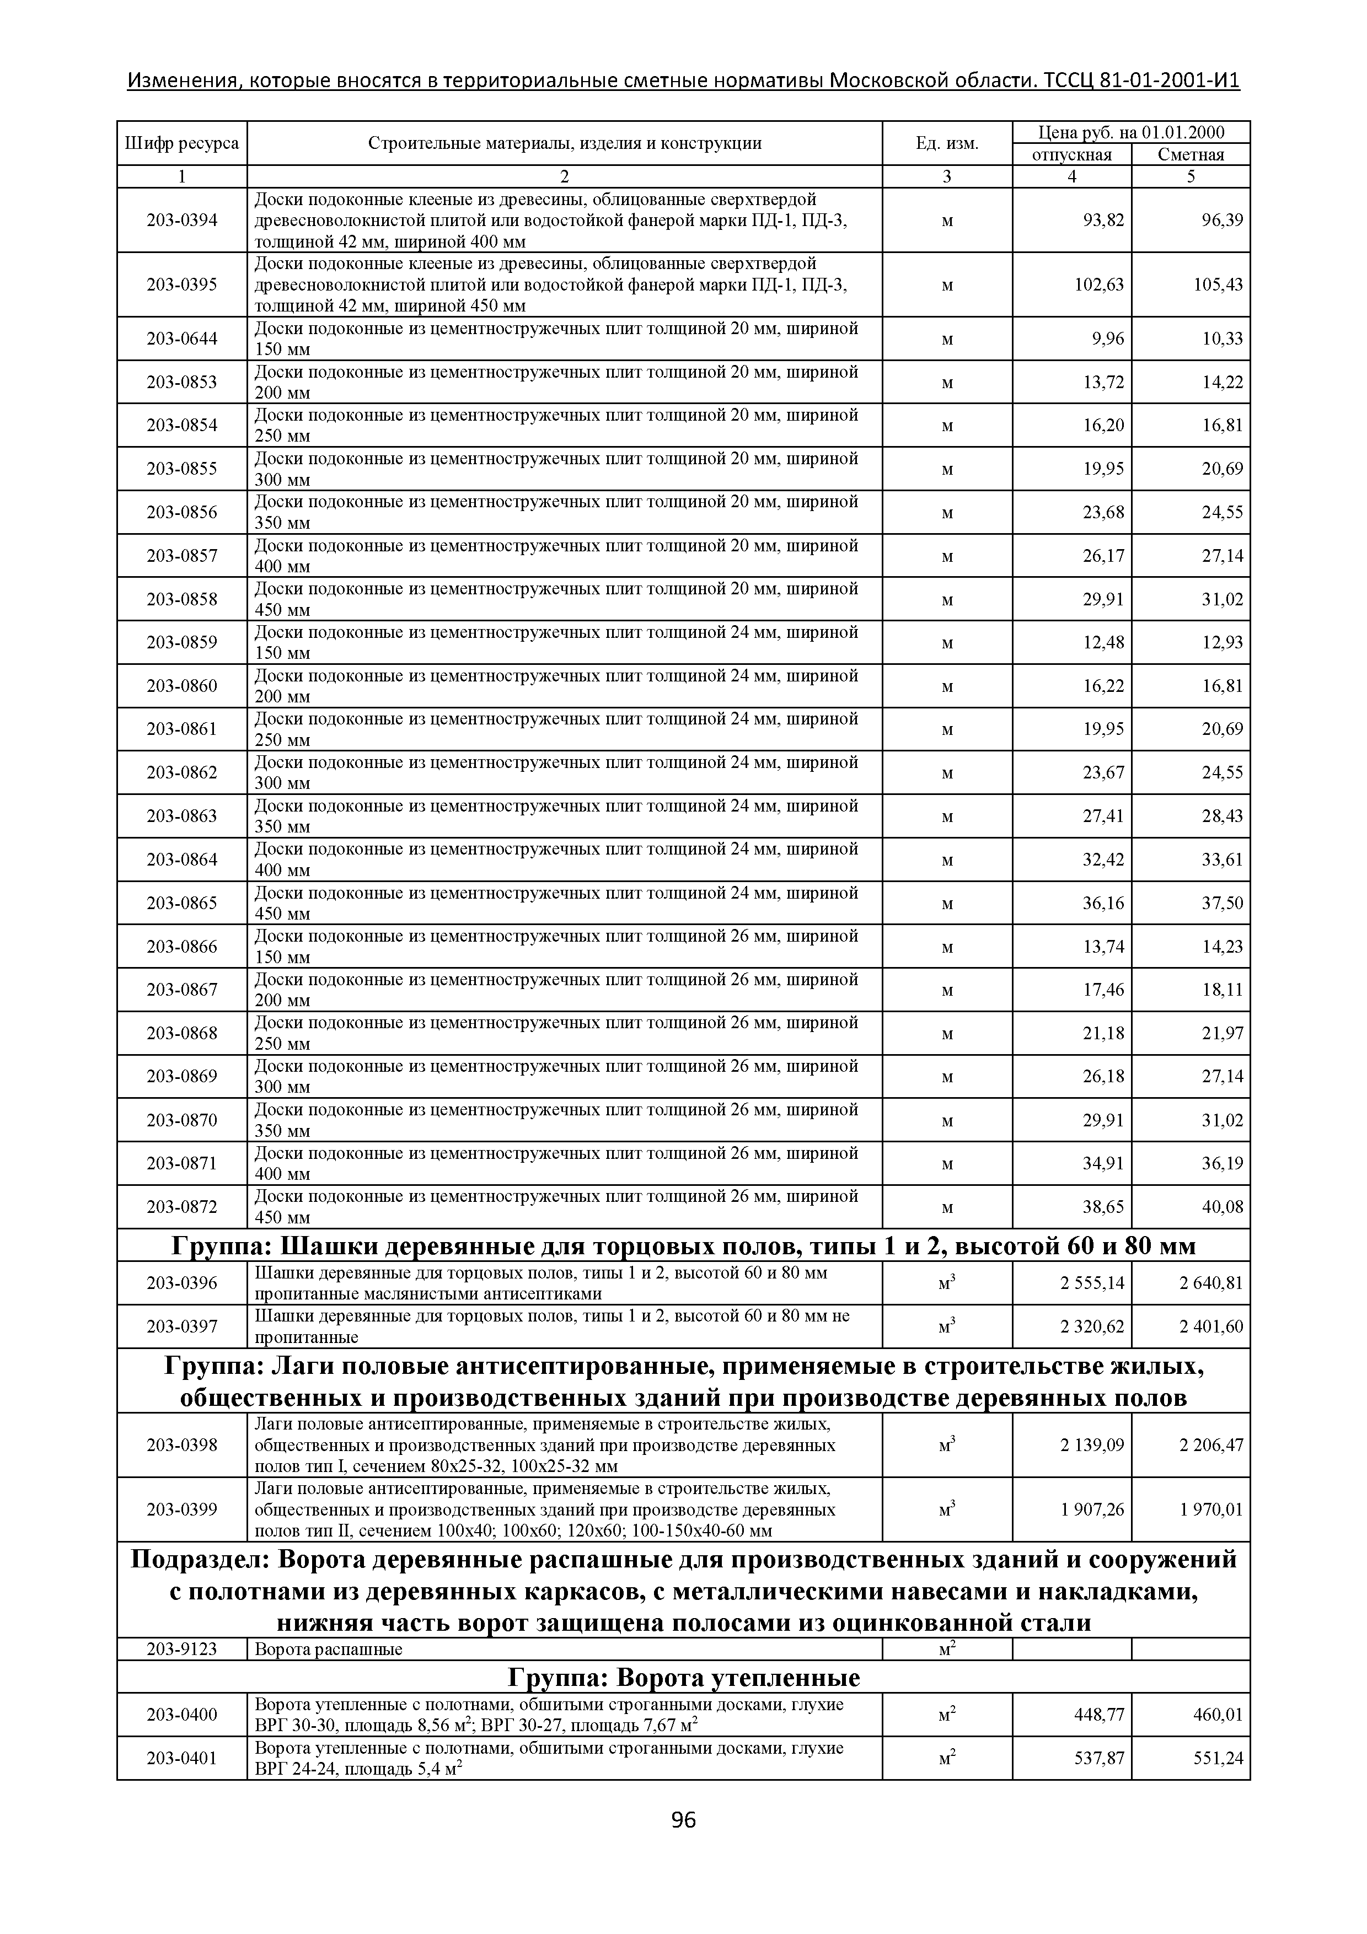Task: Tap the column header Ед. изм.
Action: [x=947, y=143]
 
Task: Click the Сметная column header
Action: [x=1190, y=155]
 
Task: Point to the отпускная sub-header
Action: [x=1071, y=155]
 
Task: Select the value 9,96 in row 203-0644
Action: [x=1107, y=339]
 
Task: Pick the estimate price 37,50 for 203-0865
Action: [x=1221, y=903]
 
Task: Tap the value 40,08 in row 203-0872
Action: [x=1221, y=1207]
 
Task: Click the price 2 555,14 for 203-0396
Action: [x=1092, y=1283]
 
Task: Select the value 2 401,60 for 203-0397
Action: [x=1210, y=1326]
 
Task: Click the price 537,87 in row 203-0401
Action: [x=1098, y=1758]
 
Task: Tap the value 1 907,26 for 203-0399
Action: [x=1092, y=1509]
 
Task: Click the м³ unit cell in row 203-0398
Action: [x=947, y=1444]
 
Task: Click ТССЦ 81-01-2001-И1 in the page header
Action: [x=1141, y=81]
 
